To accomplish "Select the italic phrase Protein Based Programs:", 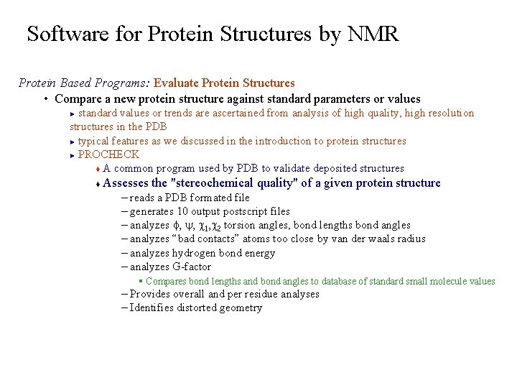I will pos(84,83).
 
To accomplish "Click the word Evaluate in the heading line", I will pos(176,83).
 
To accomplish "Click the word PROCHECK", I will pos(108,154).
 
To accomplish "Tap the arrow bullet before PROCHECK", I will pos(73,155).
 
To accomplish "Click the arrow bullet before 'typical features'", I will pos(73,142).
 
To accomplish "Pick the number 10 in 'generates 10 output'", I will pos(183,211).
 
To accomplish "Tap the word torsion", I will pos(239,225).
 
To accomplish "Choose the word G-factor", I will pos(192,267).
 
